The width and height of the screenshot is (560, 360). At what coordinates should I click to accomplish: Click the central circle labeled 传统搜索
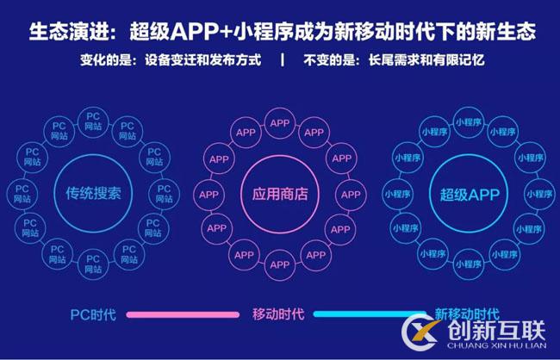(93, 194)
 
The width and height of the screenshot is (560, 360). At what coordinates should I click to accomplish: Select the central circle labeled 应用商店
(280, 194)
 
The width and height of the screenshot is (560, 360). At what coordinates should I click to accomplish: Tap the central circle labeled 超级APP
(470, 194)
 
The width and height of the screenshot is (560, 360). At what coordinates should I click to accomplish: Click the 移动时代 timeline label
(278, 314)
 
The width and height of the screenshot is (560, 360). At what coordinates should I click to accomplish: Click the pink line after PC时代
(185, 314)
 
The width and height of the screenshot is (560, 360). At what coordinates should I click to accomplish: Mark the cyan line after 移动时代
(370, 314)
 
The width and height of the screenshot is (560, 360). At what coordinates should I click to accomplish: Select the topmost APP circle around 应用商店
(280, 123)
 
